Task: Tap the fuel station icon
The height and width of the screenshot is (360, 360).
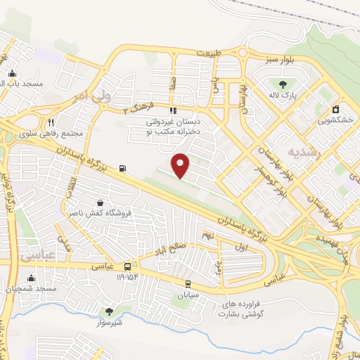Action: point(124,168)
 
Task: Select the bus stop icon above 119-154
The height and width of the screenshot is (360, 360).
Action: point(127,266)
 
